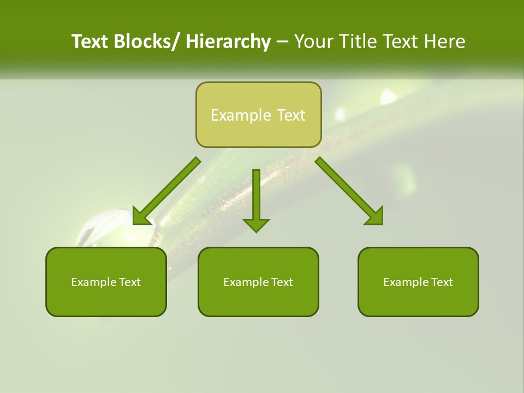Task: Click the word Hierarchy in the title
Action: click(x=228, y=41)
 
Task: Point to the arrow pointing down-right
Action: click(x=349, y=191)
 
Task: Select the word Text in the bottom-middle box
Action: click(x=282, y=282)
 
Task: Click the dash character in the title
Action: click(x=282, y=41)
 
